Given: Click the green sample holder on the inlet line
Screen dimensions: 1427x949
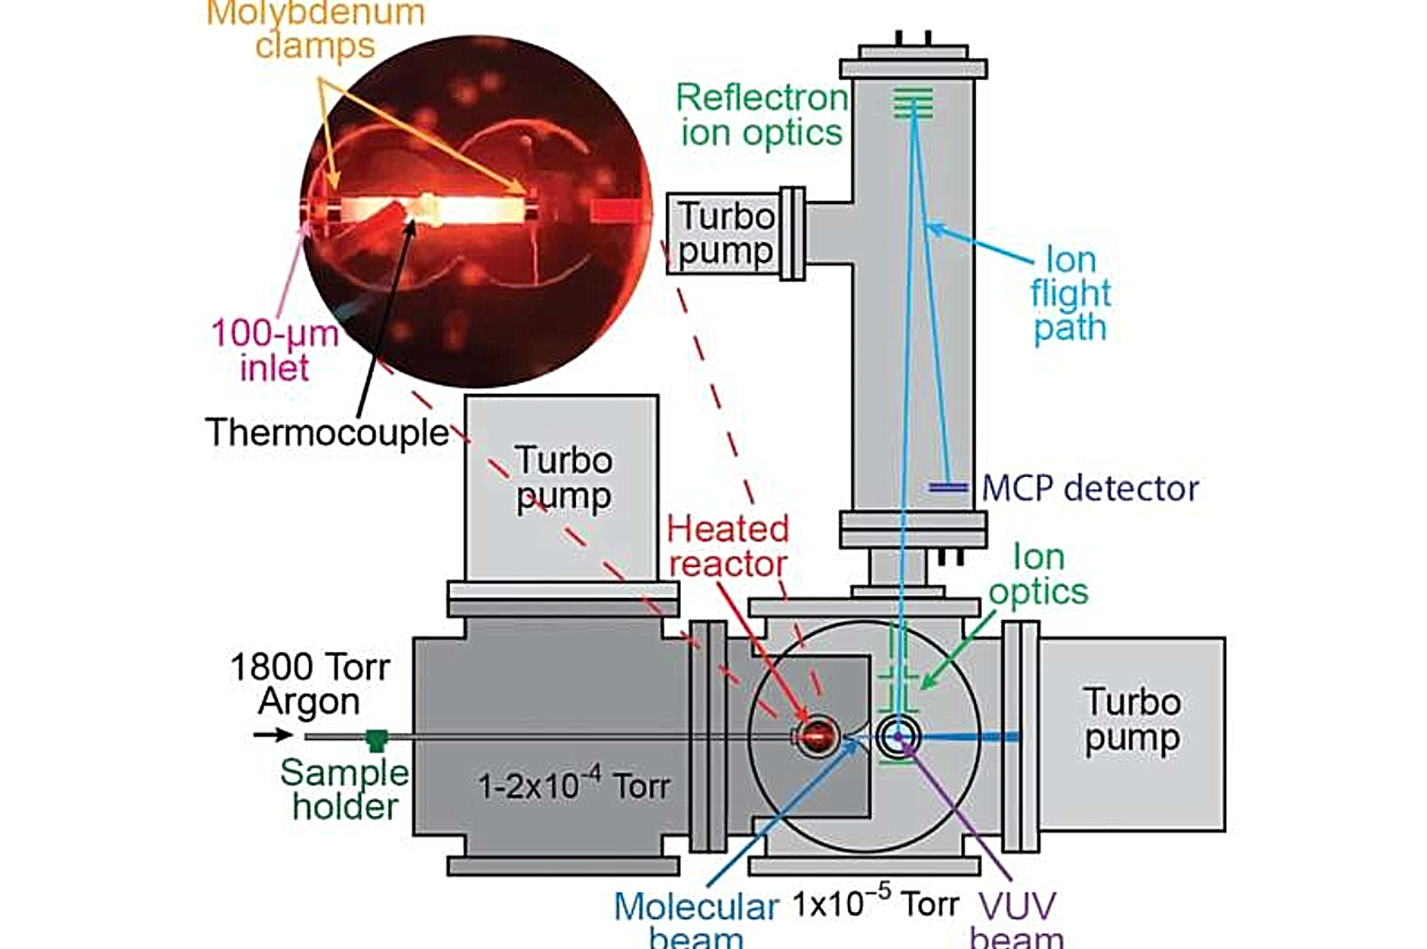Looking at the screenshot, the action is (x=377, y=739).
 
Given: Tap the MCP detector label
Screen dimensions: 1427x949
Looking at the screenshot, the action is (x=1090, y=489).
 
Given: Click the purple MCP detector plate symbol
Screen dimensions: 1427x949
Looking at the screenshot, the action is (x=948, y=488).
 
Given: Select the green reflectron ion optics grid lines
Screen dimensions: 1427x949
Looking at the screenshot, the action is (x=913, y=103).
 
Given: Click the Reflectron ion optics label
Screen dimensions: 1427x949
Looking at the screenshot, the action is (x=762, y=115).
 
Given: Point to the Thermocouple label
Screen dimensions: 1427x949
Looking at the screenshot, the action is (x=327, y=433).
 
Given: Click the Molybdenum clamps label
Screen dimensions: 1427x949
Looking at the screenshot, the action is (x=316, y=29).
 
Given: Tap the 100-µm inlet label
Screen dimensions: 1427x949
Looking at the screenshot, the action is (x=275, y=350).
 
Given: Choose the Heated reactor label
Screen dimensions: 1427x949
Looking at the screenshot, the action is (x=728, y=546).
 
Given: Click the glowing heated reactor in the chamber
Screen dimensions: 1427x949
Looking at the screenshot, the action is (x=817, y=737).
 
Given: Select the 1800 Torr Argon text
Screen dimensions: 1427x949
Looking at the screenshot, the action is (x=310, y=684).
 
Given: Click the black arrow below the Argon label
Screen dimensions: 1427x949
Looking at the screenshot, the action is (x=274, y=735).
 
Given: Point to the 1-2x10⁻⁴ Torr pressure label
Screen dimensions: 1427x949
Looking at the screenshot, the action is (x=574, y=784).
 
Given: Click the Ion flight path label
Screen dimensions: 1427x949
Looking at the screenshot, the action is (x=1070, y=294).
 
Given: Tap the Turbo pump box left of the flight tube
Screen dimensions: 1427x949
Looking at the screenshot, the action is (x=725, y=234).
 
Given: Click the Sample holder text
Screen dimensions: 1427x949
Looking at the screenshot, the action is (x=345, y=789).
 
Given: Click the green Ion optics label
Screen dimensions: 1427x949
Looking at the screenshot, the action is (x=1038, y=574).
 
